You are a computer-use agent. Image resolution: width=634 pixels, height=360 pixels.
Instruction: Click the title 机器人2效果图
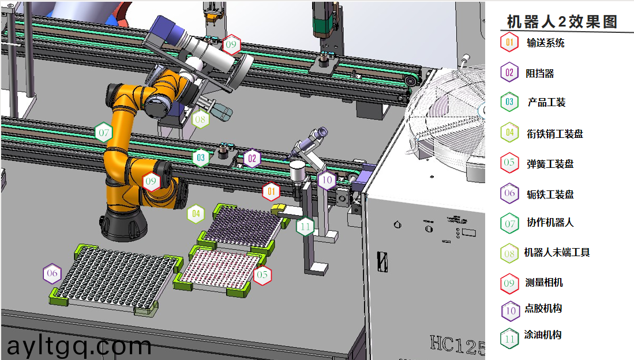562,21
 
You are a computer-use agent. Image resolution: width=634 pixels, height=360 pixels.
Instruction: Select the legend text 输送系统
546,43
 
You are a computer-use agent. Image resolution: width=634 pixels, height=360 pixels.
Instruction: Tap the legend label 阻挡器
540,73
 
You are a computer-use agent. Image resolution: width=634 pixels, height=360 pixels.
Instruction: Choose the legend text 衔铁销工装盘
555,133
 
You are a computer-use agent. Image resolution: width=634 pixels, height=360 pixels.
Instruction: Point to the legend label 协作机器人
550,222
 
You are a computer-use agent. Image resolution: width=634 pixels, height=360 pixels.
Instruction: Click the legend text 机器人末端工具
557,253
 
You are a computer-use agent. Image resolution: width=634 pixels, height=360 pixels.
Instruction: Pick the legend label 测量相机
544,282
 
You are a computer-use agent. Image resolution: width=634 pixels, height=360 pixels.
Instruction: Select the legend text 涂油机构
543,335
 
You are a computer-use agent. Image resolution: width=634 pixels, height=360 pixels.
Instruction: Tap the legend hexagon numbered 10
511,310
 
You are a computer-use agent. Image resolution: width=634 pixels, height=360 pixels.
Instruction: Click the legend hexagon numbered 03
509,102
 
